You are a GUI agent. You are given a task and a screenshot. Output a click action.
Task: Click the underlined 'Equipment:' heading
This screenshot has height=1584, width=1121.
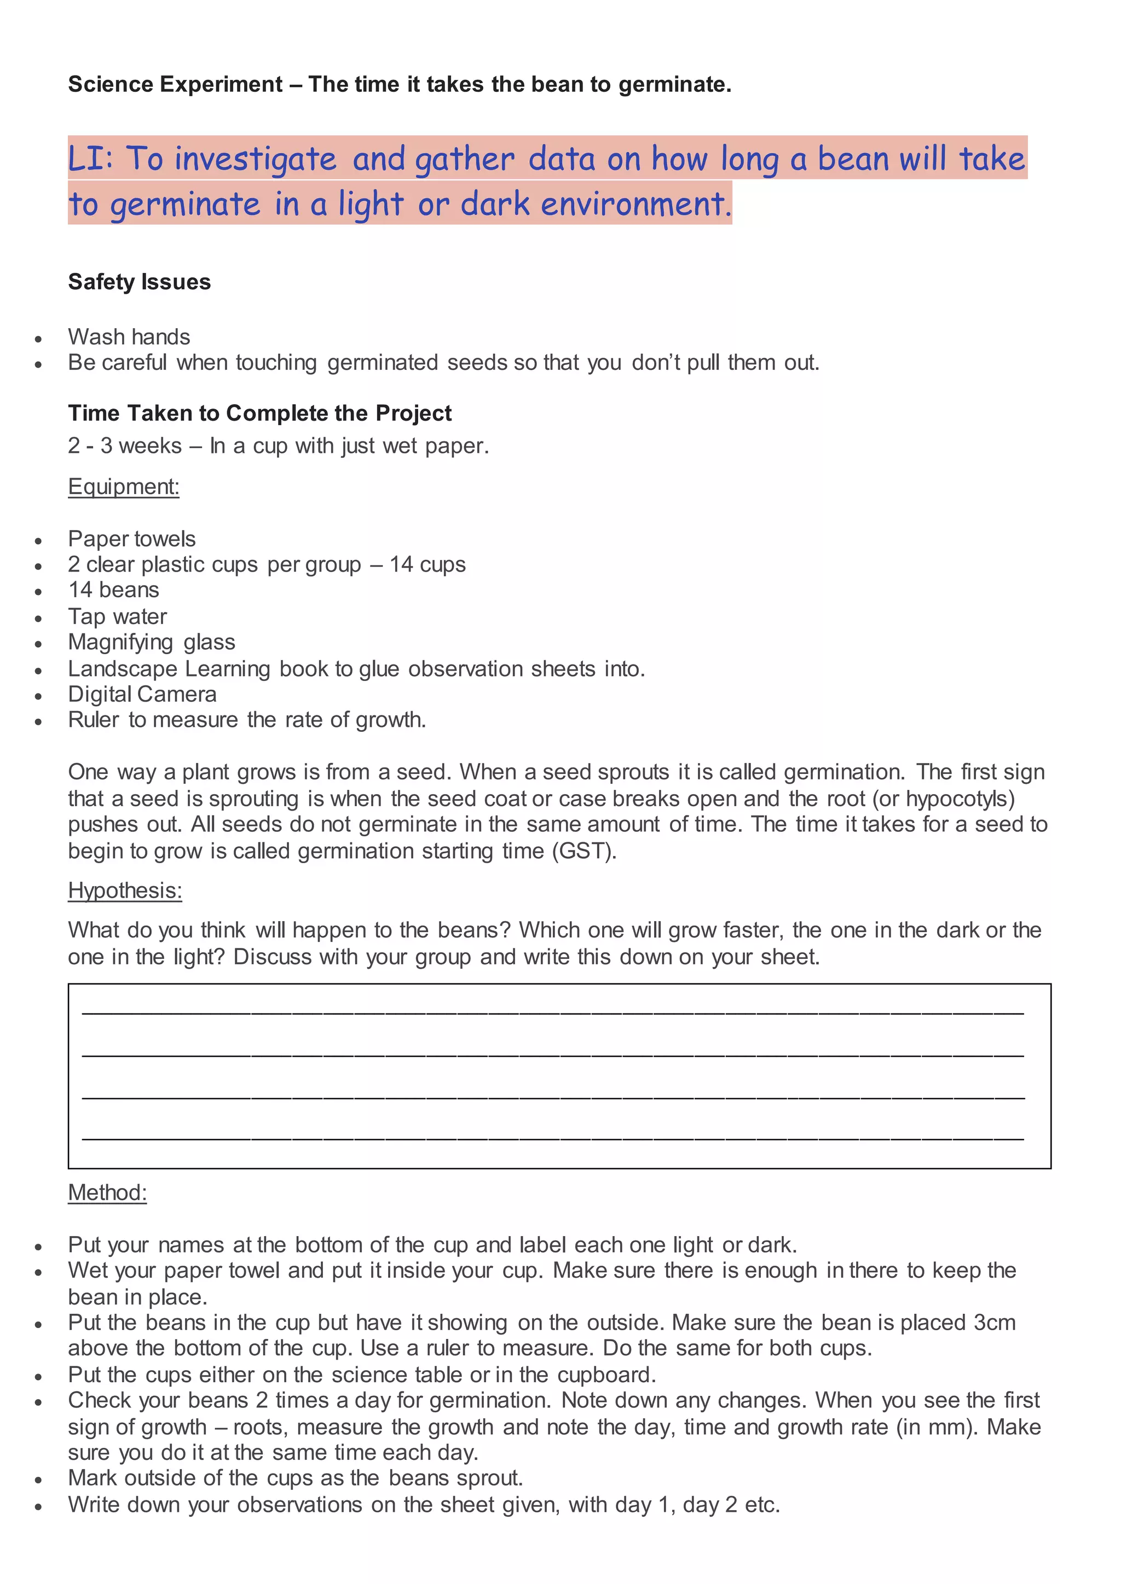(124, 486)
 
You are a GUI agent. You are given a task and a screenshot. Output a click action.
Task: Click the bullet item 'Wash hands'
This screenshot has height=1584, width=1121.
(129, 337)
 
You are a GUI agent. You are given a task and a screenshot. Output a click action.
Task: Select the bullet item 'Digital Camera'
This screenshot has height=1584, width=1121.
(142, 694)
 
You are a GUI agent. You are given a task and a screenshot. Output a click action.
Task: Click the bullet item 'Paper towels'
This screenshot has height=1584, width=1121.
(132, 539)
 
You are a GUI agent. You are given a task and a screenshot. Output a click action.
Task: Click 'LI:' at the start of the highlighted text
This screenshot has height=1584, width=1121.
(90, 159)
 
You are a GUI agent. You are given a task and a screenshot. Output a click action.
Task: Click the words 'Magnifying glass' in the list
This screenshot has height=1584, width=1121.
(151, 642)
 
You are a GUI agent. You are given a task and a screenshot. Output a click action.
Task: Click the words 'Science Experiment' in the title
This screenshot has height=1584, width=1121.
(175, 84)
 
